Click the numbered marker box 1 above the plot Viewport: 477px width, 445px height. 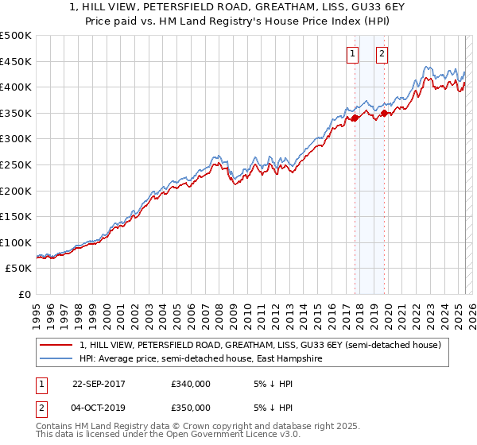[352, 54]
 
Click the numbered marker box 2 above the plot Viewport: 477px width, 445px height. [382, 54]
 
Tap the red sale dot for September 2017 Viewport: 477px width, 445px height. [355, 118]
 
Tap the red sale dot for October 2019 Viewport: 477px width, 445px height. [384, 113]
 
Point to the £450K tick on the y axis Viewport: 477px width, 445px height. [16, 61]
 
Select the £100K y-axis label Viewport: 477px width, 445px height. [16, 242]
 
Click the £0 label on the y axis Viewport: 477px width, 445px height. [25, 295]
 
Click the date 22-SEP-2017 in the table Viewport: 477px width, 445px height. [99, 383]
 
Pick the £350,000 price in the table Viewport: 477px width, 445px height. [190, 407]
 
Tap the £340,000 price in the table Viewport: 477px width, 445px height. [190, 383]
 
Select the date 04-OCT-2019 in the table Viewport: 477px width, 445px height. [99, 407]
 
